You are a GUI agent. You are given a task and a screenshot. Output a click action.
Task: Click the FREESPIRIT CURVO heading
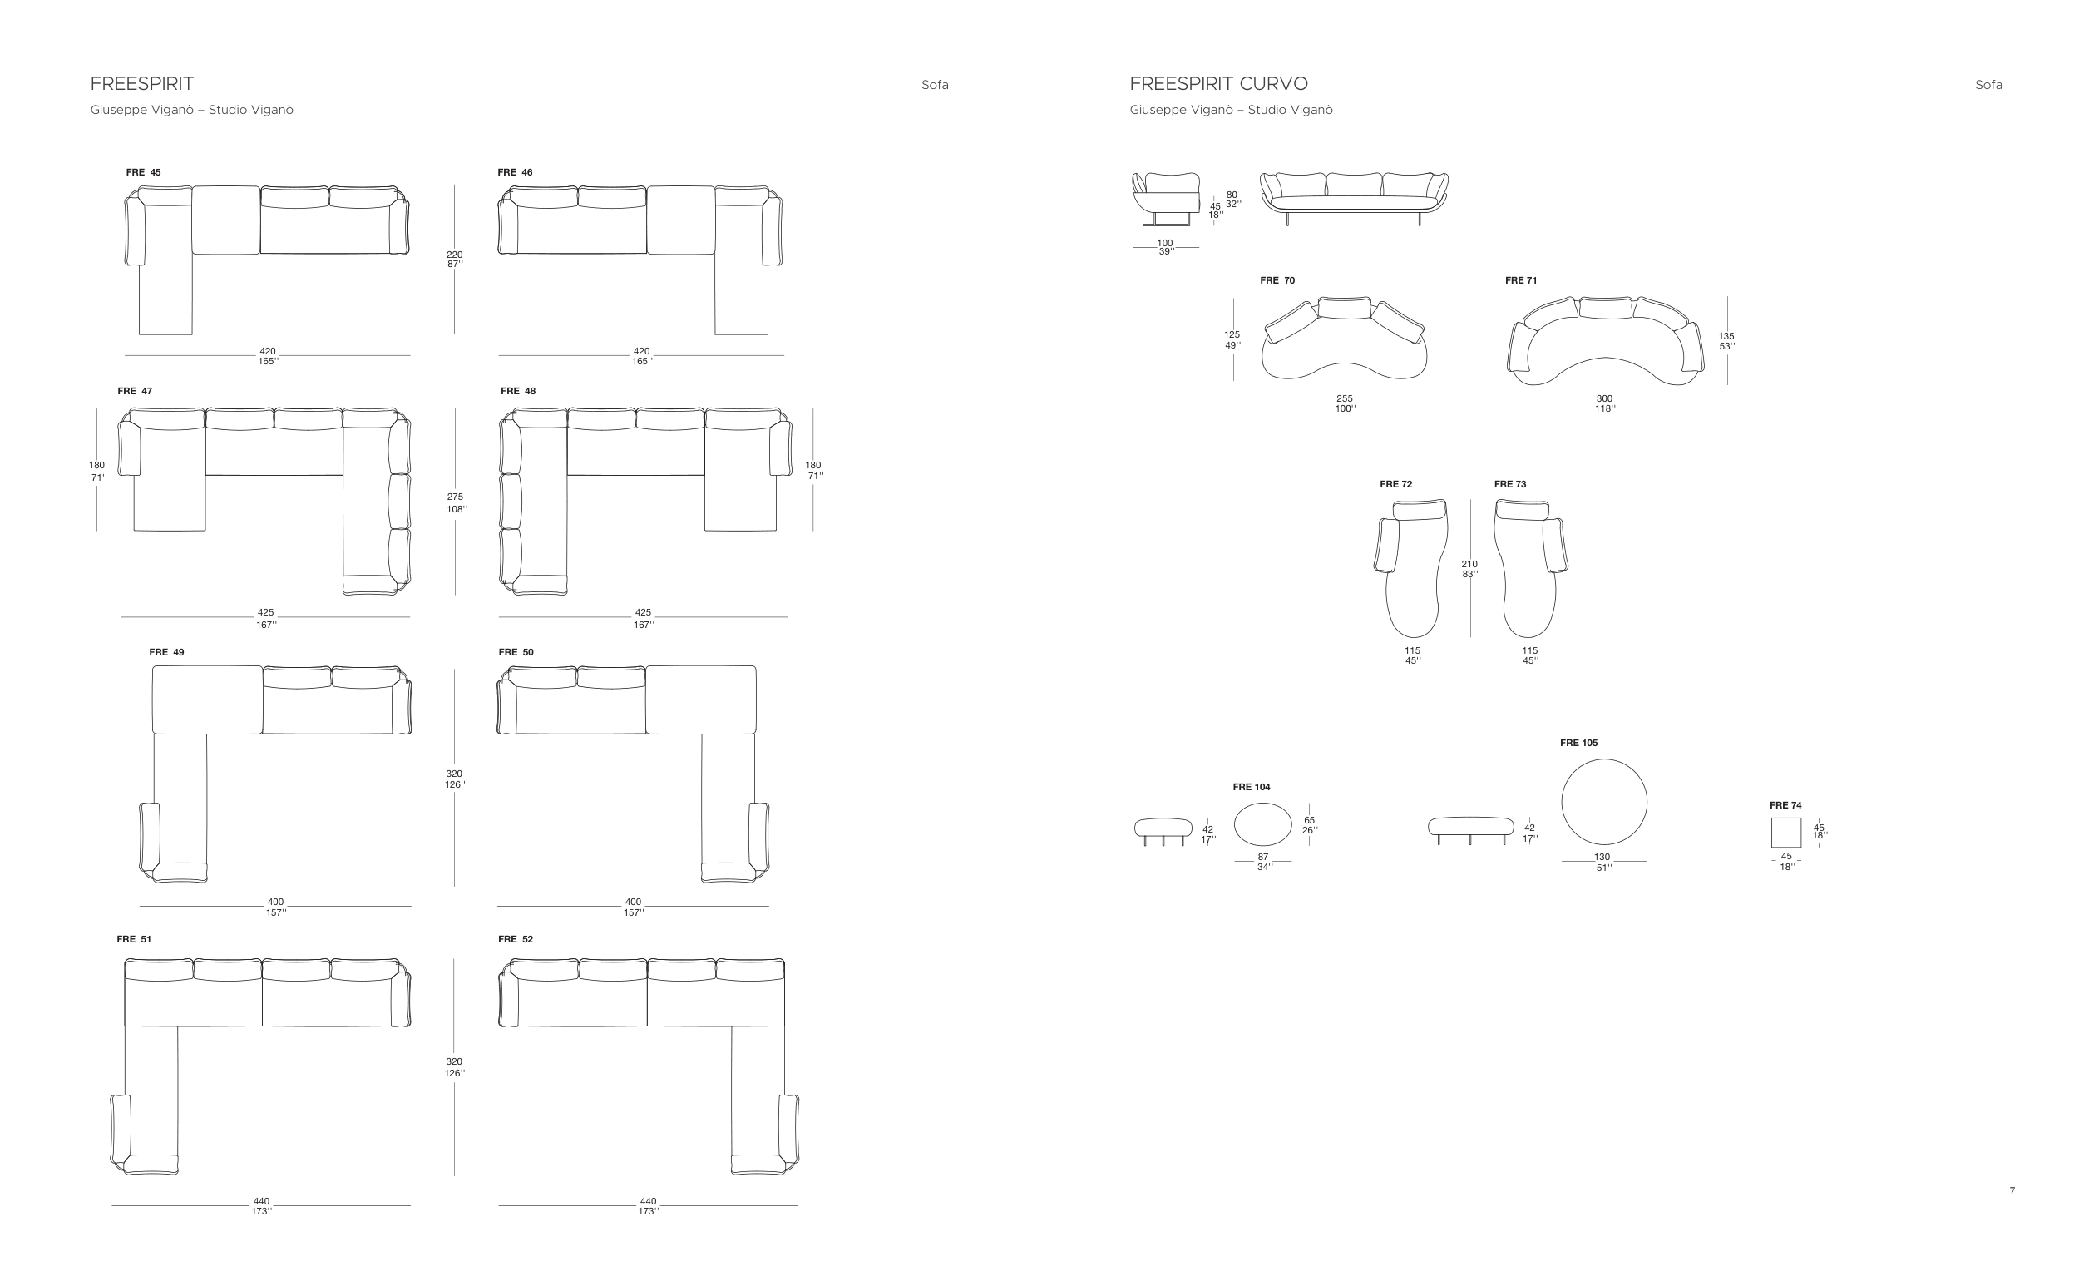pyautogui.click(x=1218, y=83)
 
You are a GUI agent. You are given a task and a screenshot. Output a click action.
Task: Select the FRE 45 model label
pyautogui.click(x=143, y=172)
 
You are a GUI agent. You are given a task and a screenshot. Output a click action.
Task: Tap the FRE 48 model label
pyautogui.click(x=518, y=391)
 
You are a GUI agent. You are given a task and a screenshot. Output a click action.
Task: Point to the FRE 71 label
pyautogui.click(x=1521, y=280)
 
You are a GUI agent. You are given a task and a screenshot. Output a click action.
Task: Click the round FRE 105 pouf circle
pyautogui.click(x=1604, y=802)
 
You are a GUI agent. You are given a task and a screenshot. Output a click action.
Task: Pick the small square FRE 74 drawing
pyautogui.click(x=1786, y=832)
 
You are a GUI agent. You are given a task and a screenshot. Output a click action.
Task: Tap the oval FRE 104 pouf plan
pyautogui.click(x=1263, y=823)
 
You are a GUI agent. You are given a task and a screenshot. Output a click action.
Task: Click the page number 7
pyautogui.click(x=2012, y=1191)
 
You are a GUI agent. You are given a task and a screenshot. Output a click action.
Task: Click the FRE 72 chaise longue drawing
pyautogui.click(x=1410, y=568)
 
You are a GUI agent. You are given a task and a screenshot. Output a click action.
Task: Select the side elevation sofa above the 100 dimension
pyautogui.click(x=1166, y=199)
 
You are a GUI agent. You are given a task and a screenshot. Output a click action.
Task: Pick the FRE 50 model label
pyautogui.click(x=516, y=651)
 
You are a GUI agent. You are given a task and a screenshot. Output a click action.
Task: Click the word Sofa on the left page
pyautogui.click(x=935, y=84)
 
